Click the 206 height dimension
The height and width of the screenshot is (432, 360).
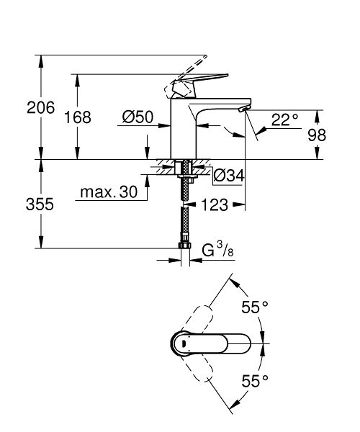(40, 108)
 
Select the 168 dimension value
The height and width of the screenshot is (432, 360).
(78, 117)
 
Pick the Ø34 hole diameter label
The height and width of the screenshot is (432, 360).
(230, 174)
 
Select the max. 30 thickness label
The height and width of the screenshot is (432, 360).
(108, 194)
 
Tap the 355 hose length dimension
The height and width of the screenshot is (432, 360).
(40, 204)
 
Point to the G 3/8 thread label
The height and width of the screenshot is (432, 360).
(217, 251)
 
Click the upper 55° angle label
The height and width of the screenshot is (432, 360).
(254, 307)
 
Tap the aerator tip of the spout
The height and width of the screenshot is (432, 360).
(243, 109)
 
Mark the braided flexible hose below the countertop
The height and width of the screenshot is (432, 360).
(184, 216)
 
